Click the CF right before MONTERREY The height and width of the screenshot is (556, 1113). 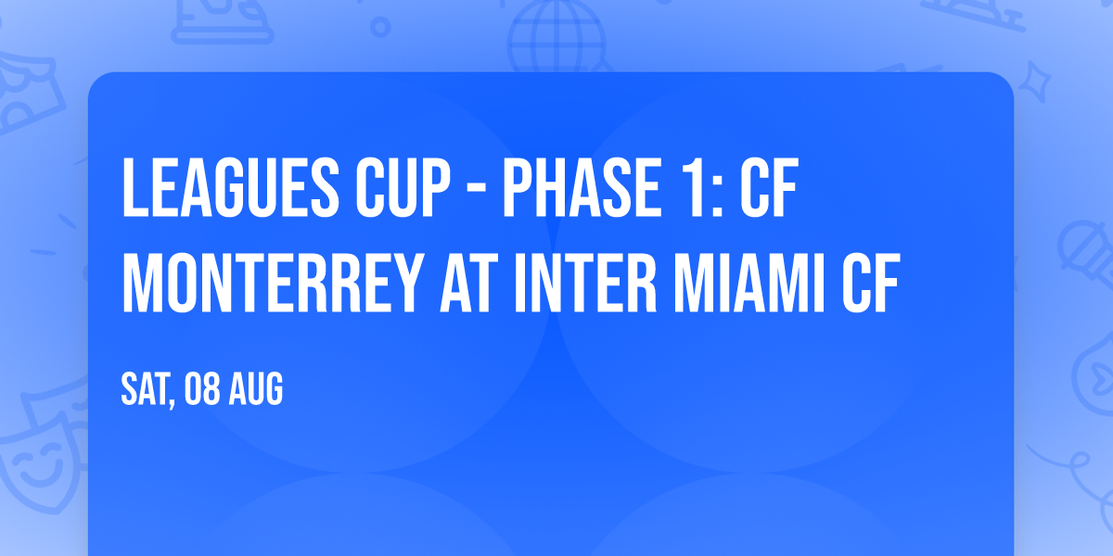click(769, 188)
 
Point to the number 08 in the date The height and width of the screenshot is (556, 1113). click(202, 391)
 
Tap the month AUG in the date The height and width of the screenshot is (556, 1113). click(257, 391)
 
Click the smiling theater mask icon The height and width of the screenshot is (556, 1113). click(35, 463)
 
